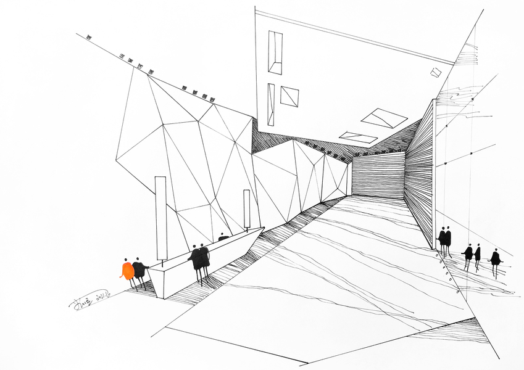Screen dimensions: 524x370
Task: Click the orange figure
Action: point(128,271)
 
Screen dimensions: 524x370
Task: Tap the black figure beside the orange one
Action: point(140,270)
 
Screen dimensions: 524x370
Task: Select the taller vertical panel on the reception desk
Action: point(160,217)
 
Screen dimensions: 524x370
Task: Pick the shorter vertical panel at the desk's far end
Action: point(246,210)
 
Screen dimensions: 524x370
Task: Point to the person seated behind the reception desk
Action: point(223,237)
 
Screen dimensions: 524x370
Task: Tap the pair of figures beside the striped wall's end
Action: point(444,239)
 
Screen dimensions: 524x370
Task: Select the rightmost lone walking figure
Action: point(495,258)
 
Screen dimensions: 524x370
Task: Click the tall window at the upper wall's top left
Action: point(275,52)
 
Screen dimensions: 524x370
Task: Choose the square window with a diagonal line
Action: point(289,96)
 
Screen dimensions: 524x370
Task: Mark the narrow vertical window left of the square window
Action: point(270,104)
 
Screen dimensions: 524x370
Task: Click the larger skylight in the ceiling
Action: point(384,118)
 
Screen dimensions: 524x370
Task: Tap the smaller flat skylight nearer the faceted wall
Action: point(358,137)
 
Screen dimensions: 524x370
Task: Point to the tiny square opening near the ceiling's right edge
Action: point(436,73)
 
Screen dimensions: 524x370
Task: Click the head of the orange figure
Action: point(126,260)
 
